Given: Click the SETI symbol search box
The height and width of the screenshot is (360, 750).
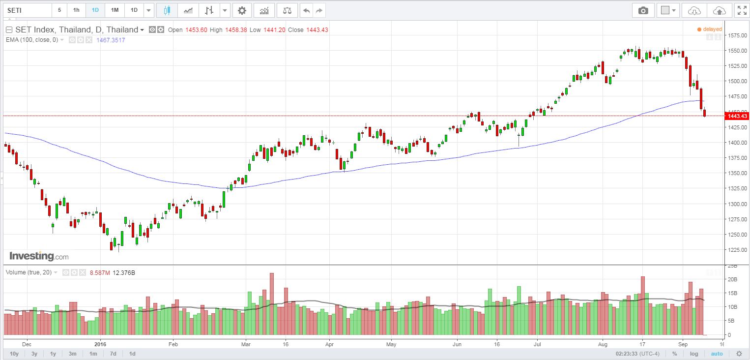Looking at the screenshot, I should point(27,10).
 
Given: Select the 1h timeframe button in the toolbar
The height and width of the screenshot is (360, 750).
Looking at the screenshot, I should point(76,10).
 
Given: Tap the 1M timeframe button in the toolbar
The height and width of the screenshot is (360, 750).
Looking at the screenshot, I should point(114,10).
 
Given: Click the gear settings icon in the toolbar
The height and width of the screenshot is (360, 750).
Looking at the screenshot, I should point(241,10).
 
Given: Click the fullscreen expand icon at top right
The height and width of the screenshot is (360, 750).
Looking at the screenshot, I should point(742,10).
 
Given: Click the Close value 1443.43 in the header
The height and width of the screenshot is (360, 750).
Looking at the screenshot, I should point(317,30).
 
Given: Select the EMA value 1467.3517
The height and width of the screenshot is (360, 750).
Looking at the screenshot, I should point(112,40).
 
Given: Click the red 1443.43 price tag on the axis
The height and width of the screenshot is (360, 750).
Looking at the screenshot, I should point(737,116).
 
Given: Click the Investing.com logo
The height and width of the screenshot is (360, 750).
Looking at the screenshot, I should point(39,256).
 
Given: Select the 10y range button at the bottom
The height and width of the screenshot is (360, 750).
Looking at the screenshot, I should point(14,354).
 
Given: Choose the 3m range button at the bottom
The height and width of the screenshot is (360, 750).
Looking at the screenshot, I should point(72,354).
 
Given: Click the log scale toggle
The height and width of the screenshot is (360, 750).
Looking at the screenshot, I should point(693,354).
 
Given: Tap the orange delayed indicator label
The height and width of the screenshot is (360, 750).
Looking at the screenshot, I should point(712,30).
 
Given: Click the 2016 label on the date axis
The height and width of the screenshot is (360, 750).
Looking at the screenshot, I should point(100,344).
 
